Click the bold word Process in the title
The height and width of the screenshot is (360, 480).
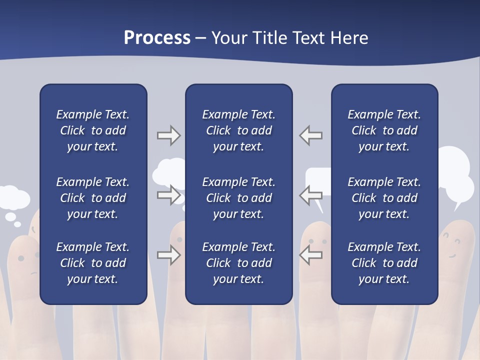157,38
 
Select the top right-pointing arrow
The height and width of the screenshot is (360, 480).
168,135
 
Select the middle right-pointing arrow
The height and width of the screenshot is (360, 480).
168,195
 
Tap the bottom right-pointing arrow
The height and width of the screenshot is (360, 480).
168,255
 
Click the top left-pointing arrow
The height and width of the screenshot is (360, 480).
311,135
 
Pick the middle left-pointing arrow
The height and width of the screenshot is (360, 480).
311,195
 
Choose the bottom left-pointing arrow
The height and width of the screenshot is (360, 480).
311,255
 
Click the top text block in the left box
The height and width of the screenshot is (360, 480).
93,130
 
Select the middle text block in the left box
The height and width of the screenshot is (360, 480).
93,198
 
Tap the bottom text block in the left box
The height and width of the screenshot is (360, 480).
93,263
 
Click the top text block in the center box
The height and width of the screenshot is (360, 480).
238,130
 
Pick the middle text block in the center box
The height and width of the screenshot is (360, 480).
238,198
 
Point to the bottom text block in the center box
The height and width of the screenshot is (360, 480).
238,263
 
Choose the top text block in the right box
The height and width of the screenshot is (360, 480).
384,130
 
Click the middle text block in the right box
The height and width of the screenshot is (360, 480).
384,198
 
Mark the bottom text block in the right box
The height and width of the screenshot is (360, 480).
384,263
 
